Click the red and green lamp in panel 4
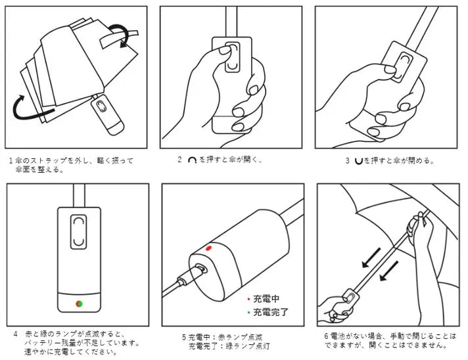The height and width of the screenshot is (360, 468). click(x=79, y=304)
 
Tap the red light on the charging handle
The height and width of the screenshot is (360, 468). click(x=208, y=248)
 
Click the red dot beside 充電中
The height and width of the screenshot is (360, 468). click(x=248, y=299)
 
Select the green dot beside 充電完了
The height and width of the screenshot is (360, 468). click(x=248, y=312)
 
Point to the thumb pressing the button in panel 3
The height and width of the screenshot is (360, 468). click(x=390, y=70)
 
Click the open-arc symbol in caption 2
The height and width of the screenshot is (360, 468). click(x=192, y=160)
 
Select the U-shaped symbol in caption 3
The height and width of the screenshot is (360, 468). click(x=358, y=161)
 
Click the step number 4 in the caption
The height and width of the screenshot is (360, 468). click(x=16, y=334)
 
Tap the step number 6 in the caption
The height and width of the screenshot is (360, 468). click(x=327, y=336)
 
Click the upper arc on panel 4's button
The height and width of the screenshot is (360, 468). click(x=78, y=221)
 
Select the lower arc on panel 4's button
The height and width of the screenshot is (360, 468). click(x=78, y=242)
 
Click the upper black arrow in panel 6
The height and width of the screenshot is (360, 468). click(x=371, y=258)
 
